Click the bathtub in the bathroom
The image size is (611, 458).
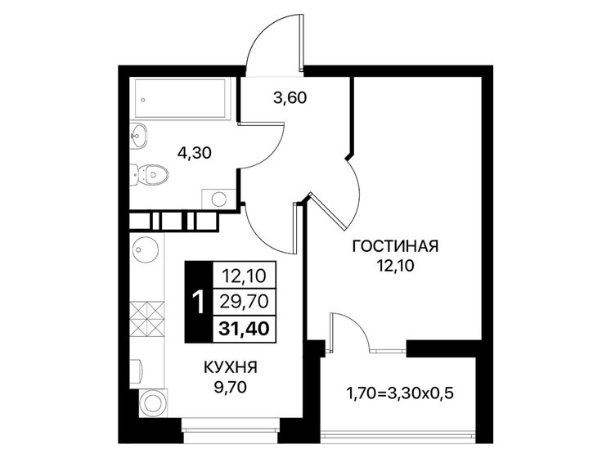(x=183, y=97)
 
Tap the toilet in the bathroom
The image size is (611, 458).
(x=152, y=173)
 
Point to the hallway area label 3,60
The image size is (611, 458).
(x=290, y=99)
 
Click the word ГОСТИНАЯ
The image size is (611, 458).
(x=397, y=245)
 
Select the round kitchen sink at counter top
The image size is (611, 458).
(x=145, y=249)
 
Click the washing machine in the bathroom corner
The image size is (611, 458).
(x=218, y=197)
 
